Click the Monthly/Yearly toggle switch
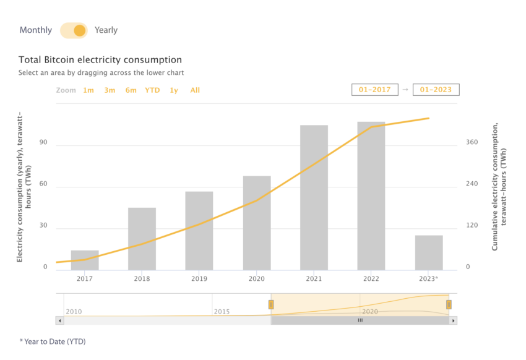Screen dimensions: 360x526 (x=74, y=30)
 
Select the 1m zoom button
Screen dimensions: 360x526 (x=88, y=90)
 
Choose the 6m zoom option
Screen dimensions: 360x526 (x=131, y=90)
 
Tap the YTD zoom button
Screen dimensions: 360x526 (x=152, y=90)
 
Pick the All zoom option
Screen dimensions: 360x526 (x=195, y=90)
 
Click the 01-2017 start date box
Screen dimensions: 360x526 (x=375, y=90)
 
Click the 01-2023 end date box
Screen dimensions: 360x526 (x=436, y=90)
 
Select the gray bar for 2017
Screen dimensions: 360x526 (x=85, y=260)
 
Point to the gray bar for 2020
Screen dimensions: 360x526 (x=257, y=223)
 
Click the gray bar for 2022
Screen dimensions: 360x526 (x=371, y=196)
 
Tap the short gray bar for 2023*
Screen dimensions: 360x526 (x=429, y=253)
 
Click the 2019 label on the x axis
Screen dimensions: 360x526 (x=199, y=279)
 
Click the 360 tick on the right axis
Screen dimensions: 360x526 (x=472, y=142)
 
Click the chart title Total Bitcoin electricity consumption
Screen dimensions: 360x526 (x=100, y=60)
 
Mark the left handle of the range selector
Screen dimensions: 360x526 (x=270, y=304)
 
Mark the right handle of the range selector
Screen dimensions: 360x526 (x=449, y=304)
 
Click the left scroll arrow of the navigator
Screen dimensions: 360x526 (x=59, y=320)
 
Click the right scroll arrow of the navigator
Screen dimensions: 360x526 (x=453, y=320)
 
